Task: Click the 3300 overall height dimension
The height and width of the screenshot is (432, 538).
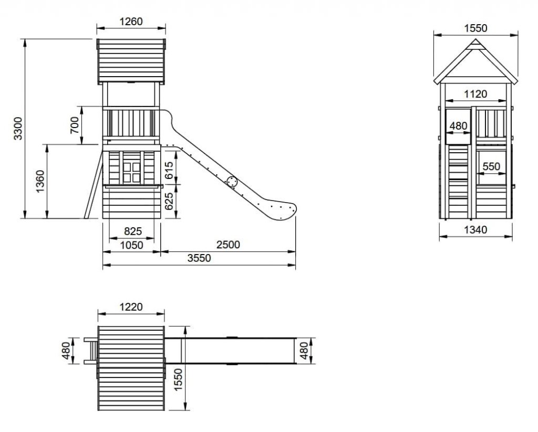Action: (x=18, y=128)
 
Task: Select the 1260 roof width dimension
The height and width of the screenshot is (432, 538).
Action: (x=131, y=22)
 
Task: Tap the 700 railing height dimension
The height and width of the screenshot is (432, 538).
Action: (x=75, y=125)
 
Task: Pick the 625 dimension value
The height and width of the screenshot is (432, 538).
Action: (x=169, y=201)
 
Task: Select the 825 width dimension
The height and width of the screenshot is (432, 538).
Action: (x=132, y=231)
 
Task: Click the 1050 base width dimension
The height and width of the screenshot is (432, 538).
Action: (x=131, y=244)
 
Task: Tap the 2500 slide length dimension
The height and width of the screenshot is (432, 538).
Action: (x=227, y=244)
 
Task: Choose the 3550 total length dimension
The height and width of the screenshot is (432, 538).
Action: (x=199, y=258)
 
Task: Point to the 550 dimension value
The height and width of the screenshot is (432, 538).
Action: (x=491, y=166)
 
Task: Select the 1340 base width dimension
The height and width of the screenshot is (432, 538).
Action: (x=475, y=229)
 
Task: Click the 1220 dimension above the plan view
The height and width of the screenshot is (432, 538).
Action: (x=131, y=307)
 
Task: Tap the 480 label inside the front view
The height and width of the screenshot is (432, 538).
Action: (x=458, y=126)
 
